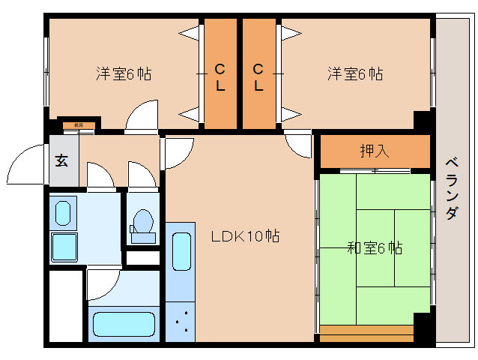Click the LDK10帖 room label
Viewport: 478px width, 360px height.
245,236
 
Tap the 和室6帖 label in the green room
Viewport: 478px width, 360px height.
374,247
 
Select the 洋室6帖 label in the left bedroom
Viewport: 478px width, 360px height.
124,74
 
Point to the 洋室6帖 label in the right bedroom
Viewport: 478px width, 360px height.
354,74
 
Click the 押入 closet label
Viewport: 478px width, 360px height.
375,151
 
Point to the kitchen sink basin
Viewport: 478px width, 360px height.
181,251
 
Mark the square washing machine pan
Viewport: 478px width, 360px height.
65,247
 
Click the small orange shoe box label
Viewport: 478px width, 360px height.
78,125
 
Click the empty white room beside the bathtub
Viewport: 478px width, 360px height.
66,306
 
